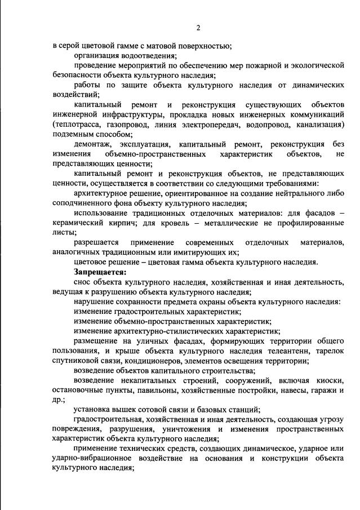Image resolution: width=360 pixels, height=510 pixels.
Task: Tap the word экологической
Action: pyautogui.click(x=315, y=65)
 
